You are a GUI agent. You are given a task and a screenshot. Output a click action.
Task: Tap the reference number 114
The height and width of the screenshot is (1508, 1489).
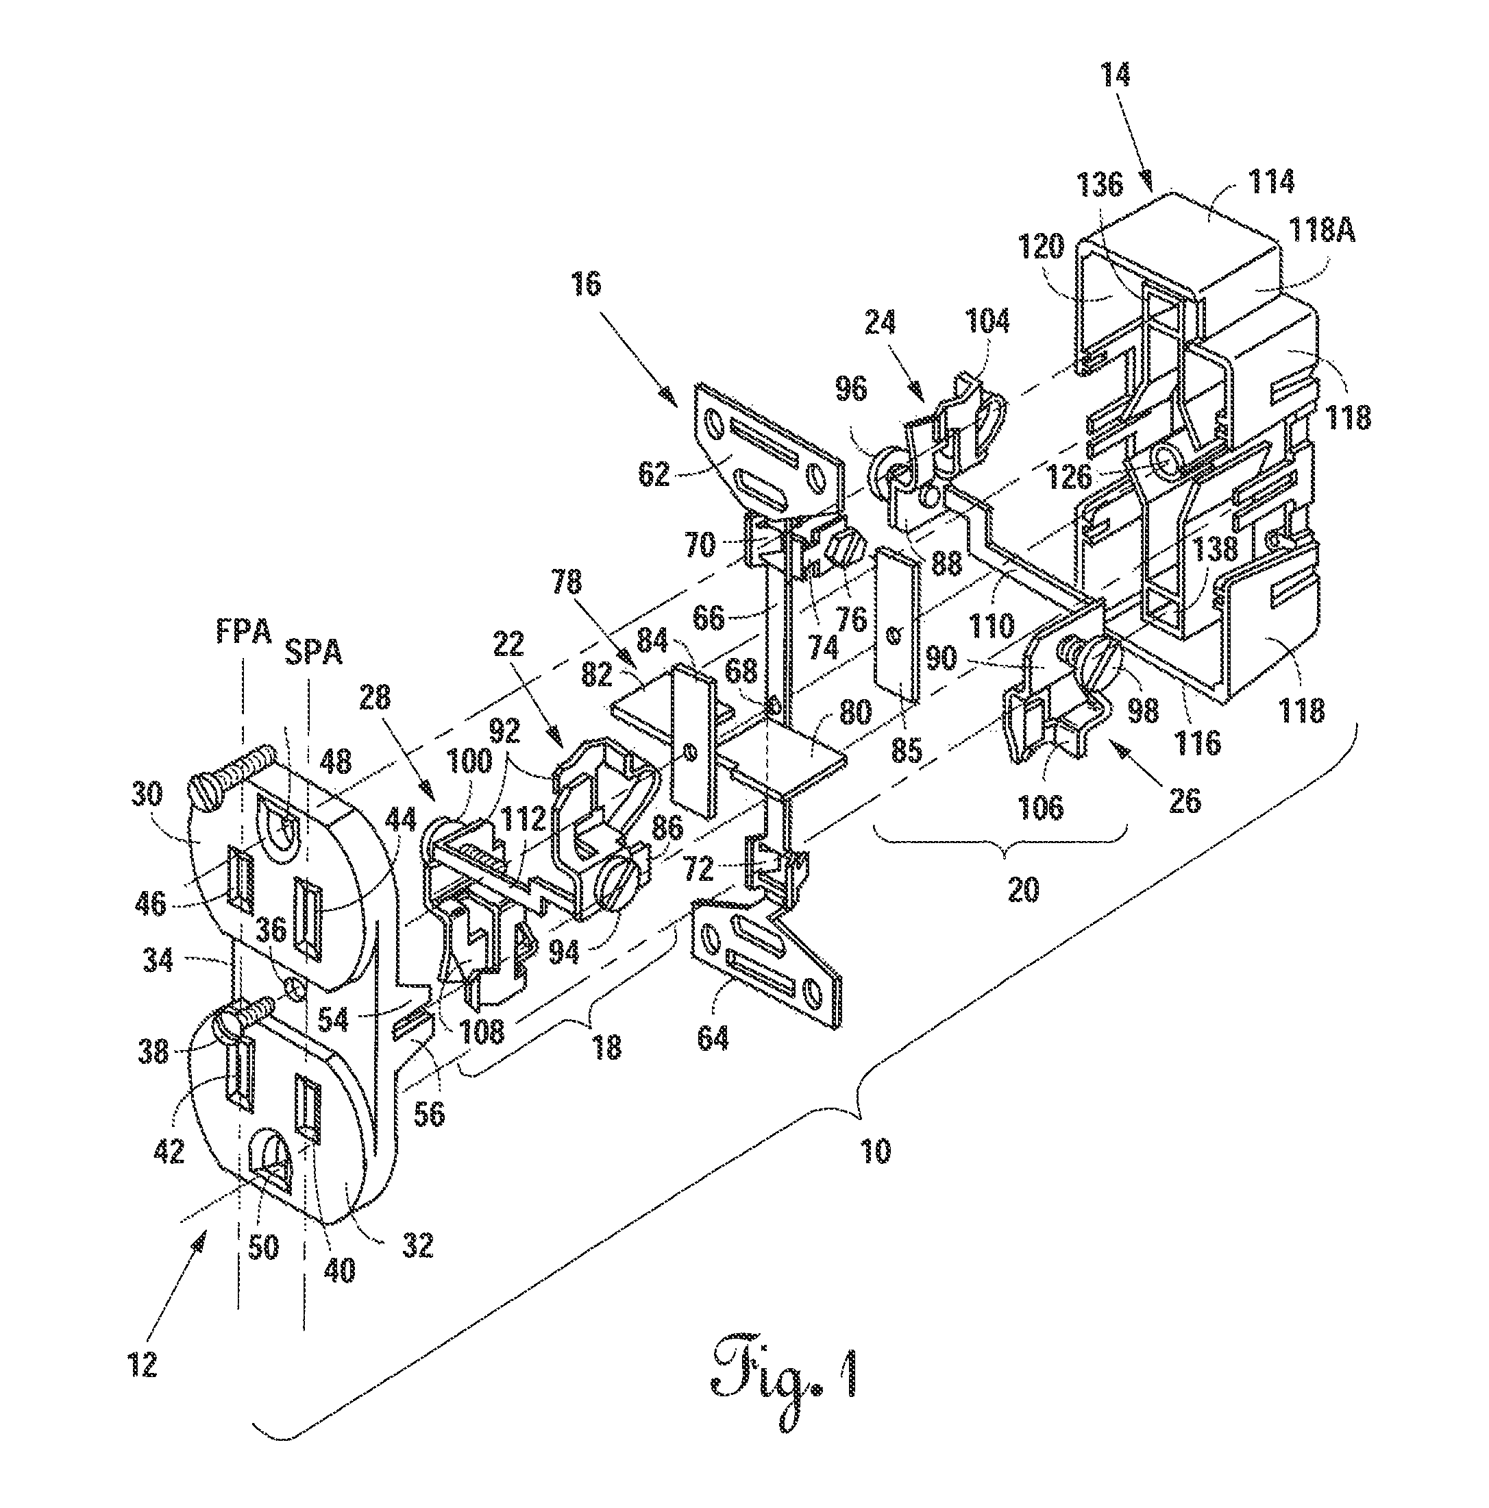click(1270, 181)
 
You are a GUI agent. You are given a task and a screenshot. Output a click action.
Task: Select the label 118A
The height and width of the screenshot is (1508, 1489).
click(1320, 232)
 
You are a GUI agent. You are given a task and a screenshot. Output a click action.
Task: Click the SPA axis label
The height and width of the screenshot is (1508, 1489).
click(312, 653)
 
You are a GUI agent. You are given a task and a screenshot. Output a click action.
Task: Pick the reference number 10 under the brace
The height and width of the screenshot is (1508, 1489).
click(876, 1152)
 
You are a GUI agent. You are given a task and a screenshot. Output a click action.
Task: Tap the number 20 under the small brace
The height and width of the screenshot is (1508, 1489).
click(1023, 889)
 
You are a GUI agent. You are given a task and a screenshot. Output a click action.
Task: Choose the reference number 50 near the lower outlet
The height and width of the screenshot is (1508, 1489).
click(264, 1247)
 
